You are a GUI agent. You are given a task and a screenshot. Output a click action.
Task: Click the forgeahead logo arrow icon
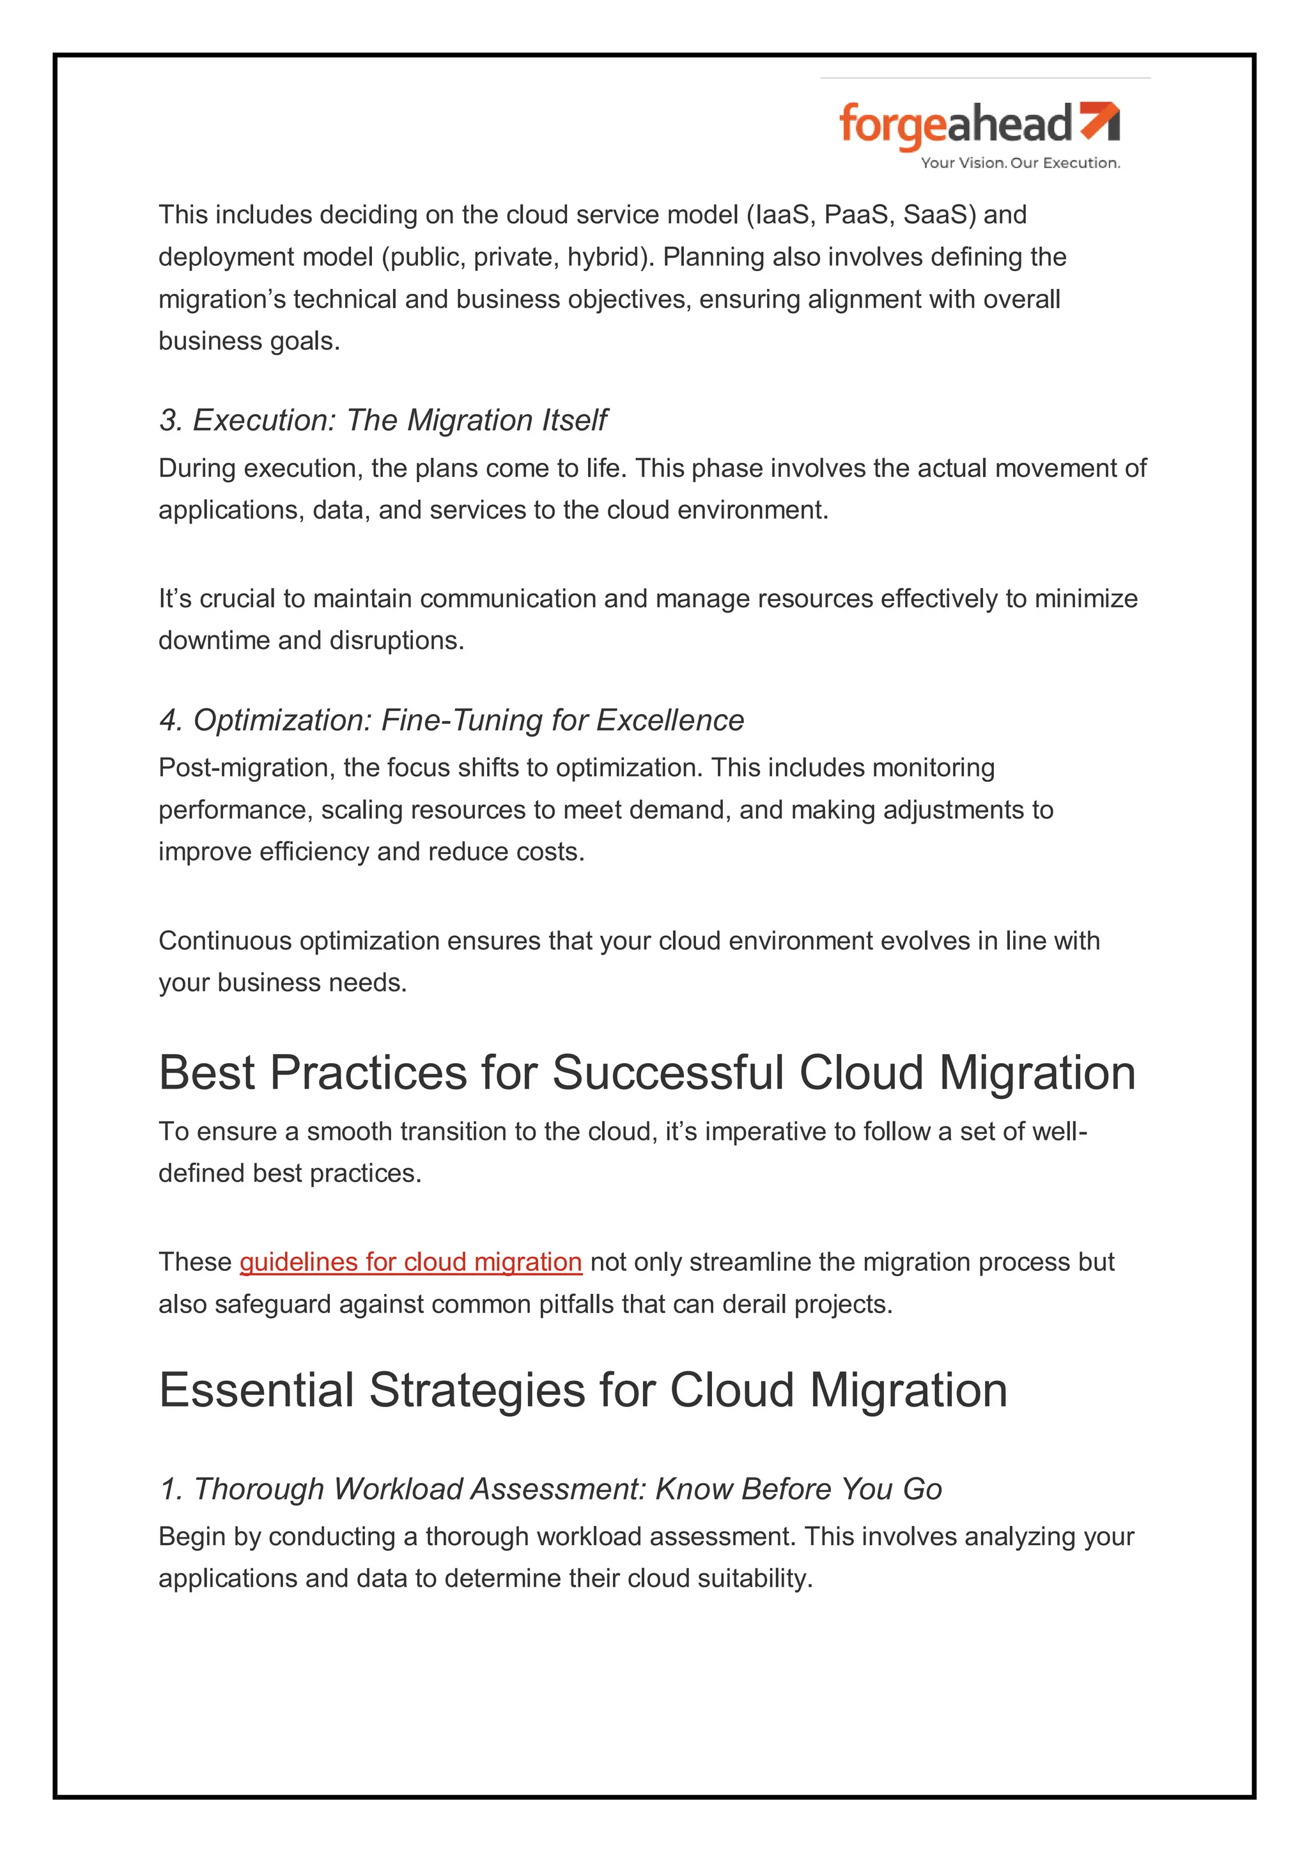[1100, 120]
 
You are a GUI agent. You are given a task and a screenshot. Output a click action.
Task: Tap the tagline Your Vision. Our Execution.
[1020, 163]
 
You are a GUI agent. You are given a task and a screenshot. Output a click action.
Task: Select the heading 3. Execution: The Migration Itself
[382, 420]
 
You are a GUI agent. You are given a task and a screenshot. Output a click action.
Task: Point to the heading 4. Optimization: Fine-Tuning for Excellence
[451, 720]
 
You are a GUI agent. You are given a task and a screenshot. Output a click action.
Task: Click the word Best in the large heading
[206, 1073]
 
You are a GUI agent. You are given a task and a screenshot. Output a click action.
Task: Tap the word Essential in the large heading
[256, 1390]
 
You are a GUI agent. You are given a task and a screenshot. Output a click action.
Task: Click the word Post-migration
[244, 768]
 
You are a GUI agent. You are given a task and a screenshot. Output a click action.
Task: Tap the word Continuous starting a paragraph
[224, 941]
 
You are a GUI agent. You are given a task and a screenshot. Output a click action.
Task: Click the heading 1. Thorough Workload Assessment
[550, 1489]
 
